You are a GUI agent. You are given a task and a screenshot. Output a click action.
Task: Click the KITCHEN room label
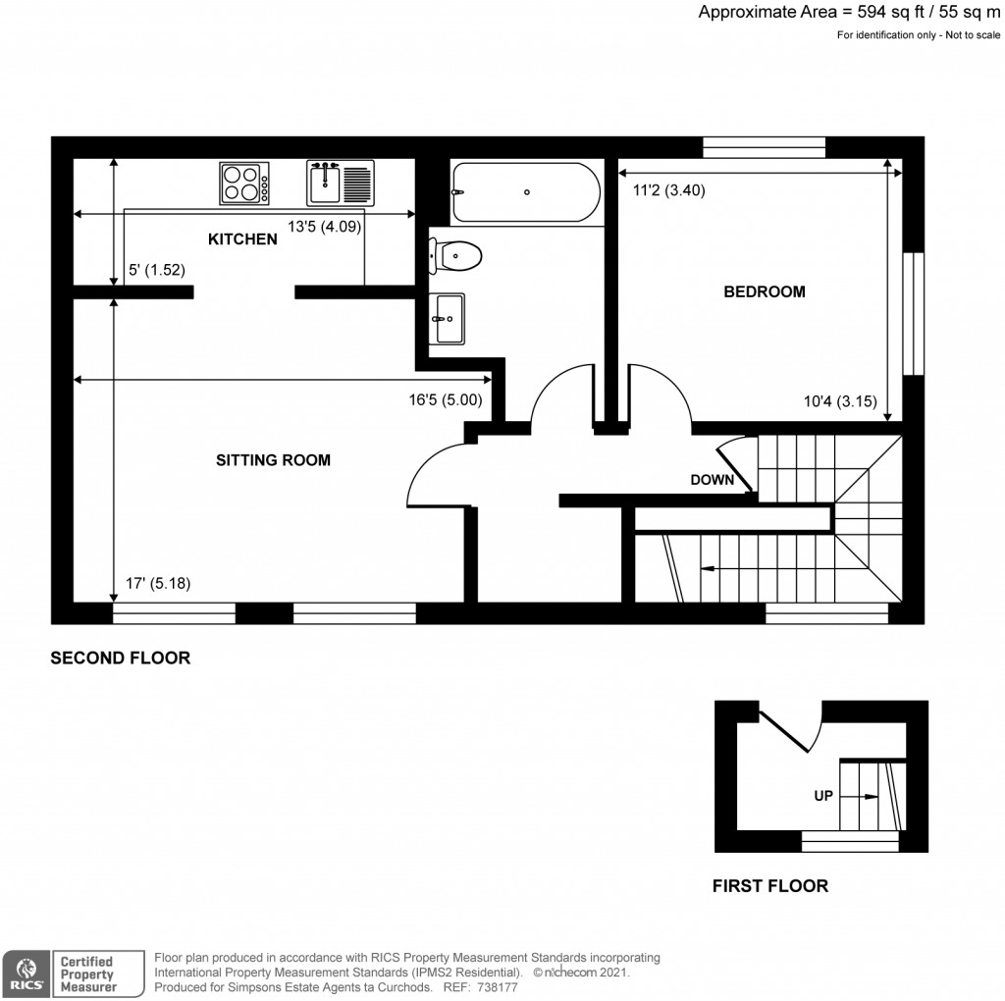pos(241,239)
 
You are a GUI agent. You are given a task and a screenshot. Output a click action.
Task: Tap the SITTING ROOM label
pos(273,459)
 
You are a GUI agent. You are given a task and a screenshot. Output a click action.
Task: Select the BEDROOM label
pos(765,291)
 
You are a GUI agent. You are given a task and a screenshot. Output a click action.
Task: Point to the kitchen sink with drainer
pos(340,183)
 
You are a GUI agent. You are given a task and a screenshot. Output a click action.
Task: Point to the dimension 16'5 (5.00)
pos(446,399)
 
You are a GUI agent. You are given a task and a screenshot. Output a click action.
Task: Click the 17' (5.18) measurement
pos(158,583)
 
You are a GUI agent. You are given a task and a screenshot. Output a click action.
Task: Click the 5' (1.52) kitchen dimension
pos(157,270)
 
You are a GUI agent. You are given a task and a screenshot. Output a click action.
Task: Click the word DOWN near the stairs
pos(714,480)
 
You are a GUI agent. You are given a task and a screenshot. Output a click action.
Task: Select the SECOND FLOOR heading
pos(121,659)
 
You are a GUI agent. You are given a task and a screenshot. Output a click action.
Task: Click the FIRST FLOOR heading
pos(769,886)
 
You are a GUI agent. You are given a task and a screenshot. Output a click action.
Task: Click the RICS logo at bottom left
pos(26,973)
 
